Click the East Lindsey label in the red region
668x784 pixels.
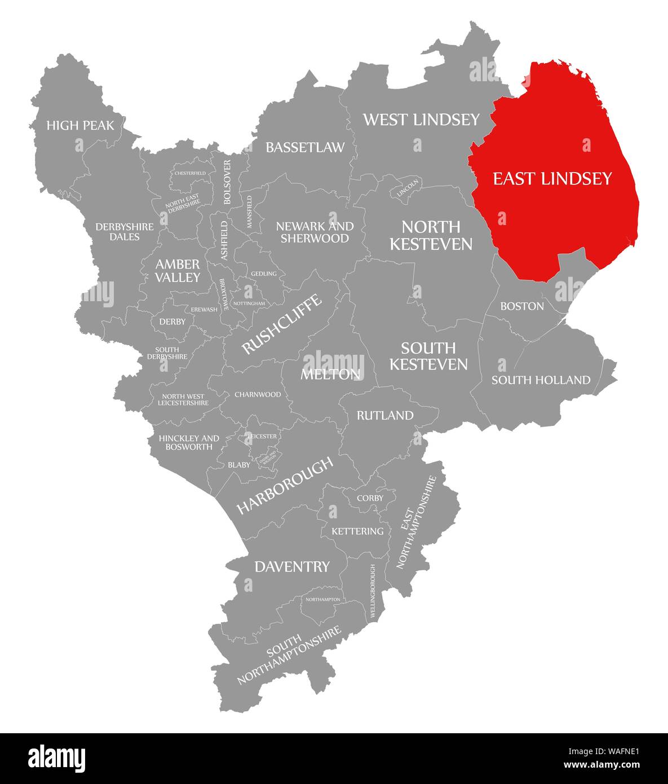pos(552,179)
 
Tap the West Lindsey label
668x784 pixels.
pos(421,120)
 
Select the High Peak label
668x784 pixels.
pos(80,125)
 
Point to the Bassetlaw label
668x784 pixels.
pos(305,147)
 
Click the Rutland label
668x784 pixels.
pos(385,416)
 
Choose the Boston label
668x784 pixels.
pos(522,306)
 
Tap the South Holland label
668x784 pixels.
pos(541,380)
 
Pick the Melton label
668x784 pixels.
pos(330,374)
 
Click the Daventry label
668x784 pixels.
pos(292,567)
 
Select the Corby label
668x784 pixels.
pos(370,498)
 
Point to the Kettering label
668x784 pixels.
pos(357,531)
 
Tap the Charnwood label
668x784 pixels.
pos(258,394)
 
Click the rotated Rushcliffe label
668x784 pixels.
pos(282,324)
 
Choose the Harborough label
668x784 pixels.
pos(285,486)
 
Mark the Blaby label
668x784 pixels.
pos(239,465)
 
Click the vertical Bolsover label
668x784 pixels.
pos(227,182)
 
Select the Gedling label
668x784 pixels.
pos(264,274)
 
